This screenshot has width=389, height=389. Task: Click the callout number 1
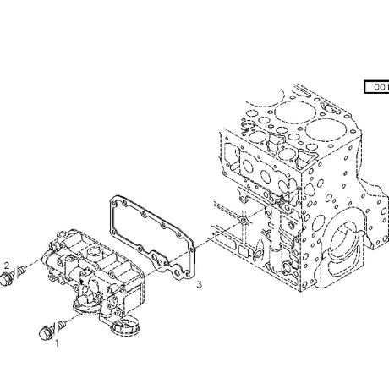(57, 343)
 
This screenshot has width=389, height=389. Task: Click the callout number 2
(7, 266)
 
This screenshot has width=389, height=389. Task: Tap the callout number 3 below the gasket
(200, 285)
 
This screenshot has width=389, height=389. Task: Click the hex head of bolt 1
(46, 333)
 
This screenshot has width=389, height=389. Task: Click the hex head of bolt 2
(6, 279)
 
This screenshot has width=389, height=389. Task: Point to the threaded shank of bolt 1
(62, 324)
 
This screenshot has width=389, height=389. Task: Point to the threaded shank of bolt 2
(21, 271)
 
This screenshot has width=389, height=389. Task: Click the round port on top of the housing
(93, 251)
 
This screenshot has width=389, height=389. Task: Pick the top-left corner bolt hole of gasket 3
(113, 204)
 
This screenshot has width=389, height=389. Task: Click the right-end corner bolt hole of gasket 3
(192, 249)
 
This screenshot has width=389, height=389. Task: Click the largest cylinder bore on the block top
(323, 130)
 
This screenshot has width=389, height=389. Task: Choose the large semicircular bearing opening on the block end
(344, 246)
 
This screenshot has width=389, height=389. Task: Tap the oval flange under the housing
(86, 305)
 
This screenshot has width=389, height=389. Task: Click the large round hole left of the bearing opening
(318, 223)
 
